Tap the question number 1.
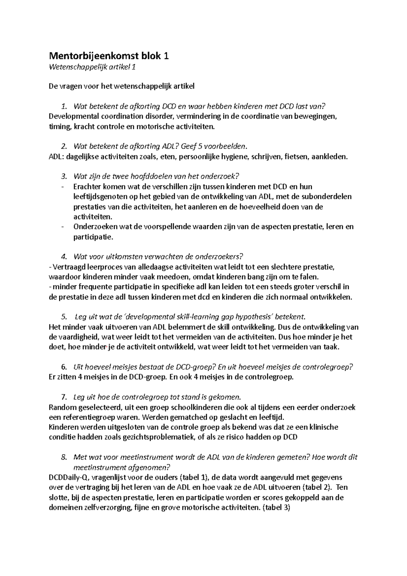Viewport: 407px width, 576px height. coord(63,107)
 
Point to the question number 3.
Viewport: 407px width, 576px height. coord(63,176)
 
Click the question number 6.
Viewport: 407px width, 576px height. coord(63,367)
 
